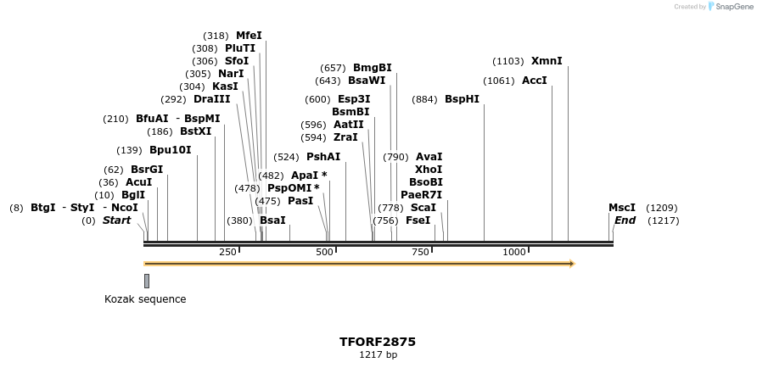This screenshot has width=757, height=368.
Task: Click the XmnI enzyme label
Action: click(547, 61)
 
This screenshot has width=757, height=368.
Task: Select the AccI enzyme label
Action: click(534, 81)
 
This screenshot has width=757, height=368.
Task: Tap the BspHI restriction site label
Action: click(462, 99)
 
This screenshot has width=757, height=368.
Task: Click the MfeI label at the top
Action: click(249, 36)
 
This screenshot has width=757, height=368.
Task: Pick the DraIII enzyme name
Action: click(211, 99)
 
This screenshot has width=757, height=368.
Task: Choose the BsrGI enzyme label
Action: click(146, 170)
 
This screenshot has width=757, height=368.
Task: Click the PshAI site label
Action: click(323, 157)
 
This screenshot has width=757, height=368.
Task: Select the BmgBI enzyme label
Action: click(372, 68)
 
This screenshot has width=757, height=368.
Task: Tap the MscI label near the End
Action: click(621, 208)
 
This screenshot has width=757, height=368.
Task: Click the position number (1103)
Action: click(508, 61)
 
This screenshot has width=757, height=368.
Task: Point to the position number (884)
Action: click(424, 99)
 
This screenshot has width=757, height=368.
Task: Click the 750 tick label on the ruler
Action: click(421, 253)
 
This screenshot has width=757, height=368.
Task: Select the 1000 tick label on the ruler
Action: click(514, 253)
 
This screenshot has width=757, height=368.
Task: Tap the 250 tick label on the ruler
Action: click(227, 253)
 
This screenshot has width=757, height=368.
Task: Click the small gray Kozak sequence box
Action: click(147, 281)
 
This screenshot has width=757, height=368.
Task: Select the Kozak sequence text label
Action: click(145, 299)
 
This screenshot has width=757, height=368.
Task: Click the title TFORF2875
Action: click(378, 342)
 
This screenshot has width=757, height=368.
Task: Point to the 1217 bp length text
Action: click(378, 355)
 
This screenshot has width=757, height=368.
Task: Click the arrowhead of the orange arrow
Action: click(572, 264)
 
